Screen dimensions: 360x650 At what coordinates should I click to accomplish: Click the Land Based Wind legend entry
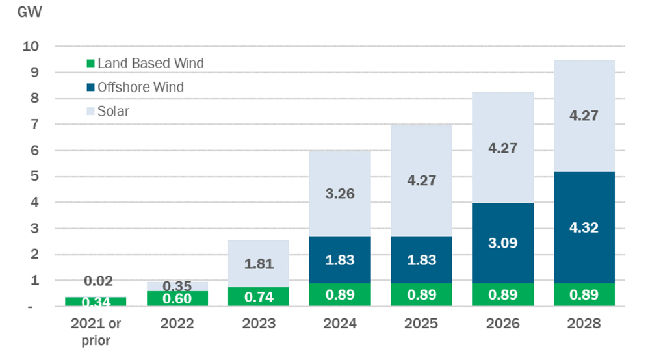tap(144, 63)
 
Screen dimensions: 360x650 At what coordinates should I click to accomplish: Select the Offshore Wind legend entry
tap(135, 87)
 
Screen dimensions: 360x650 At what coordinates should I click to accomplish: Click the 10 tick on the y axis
tap(31, 46)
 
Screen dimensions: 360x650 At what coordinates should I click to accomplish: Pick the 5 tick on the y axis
tap(35, 176)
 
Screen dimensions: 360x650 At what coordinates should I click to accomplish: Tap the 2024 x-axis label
tap(341, 322)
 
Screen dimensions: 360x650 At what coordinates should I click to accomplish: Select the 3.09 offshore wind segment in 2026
tap(503, 243)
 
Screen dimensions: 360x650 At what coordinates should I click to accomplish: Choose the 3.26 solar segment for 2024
tap(341, 193)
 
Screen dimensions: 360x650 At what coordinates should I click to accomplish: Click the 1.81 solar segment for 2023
tap(259, 264)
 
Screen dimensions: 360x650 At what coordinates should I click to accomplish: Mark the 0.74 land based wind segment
tap(259, 296)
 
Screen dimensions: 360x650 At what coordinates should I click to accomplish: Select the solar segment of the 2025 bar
tap(422, 180)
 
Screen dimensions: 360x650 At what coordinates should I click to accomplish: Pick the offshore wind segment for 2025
tap(422, 259)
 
